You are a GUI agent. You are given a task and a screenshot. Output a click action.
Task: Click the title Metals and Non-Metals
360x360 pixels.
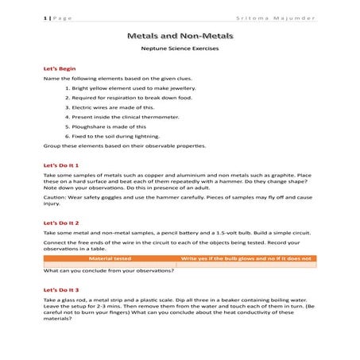click(180, 37)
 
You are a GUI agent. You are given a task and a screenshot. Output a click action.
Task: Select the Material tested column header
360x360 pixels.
click(110, 258)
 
